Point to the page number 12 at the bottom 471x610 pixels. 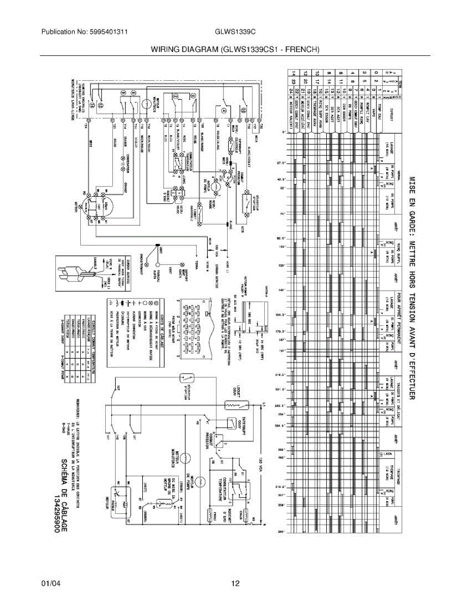coord(235,584)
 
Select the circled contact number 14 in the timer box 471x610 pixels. coord(100,106)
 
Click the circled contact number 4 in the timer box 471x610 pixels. coord(224,108)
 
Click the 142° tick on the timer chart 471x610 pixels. coord(279,290)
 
